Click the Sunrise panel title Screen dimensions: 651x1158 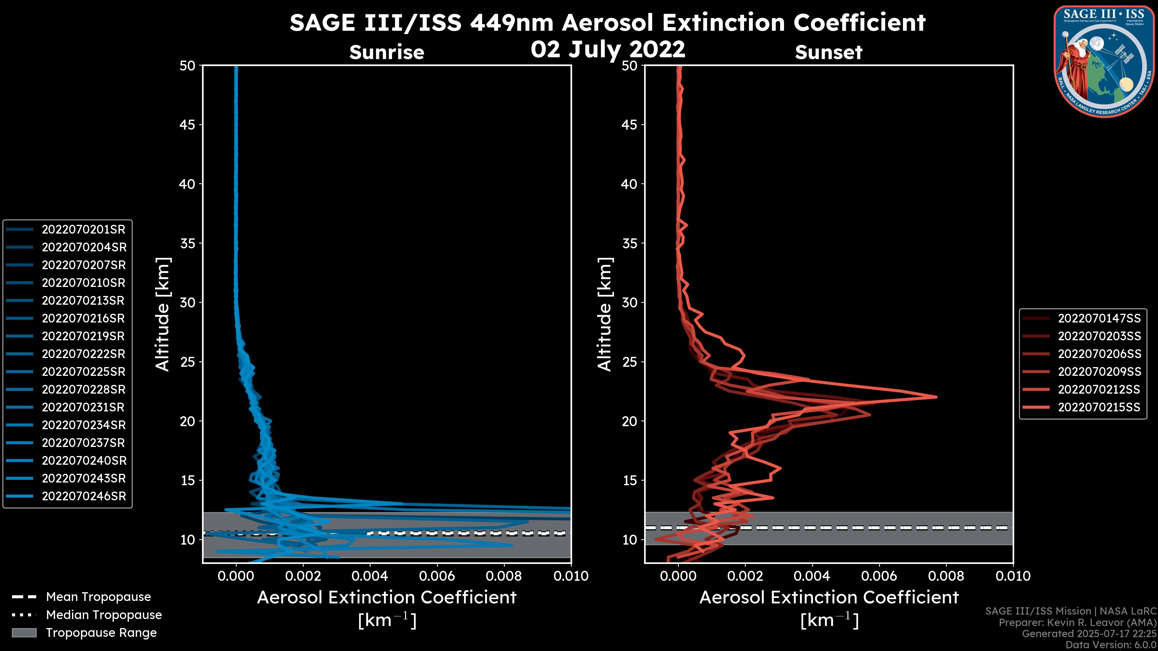[x=387, y=52]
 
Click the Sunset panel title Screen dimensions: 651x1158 [x=828, y=52]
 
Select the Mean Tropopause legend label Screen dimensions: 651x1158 [x=98, y=597]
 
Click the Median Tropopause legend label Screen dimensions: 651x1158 [x=104, y=615]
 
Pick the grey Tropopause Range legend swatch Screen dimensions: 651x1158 [x=24, y=633]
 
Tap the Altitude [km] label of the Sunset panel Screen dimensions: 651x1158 [x=605, y=314]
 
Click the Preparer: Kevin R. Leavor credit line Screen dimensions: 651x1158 [x=1077, y=623]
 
